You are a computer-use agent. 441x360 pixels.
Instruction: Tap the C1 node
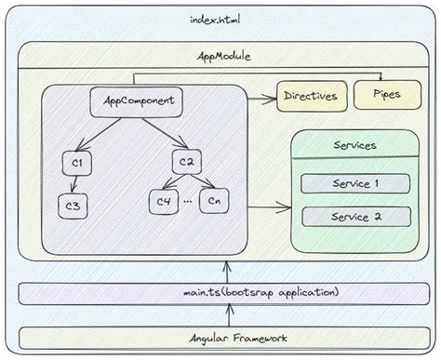(77, 164)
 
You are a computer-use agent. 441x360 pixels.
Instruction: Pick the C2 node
(184, 163)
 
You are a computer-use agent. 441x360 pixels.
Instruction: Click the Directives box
(310, 96)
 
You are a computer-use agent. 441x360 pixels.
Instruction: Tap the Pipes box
(386, 94)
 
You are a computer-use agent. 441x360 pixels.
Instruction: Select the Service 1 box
(355, 183)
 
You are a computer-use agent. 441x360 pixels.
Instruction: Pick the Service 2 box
(355, 217)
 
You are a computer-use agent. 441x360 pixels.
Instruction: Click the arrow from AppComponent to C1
(100, 133)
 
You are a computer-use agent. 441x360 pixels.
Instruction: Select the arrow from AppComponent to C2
(160, 133)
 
